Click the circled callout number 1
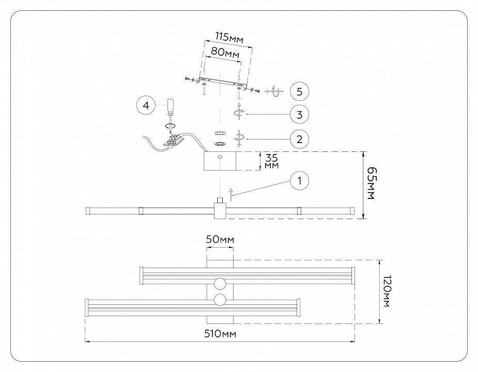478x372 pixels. [299, 181]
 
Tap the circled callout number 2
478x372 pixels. [299, 138]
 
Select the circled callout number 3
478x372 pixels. [299, 114]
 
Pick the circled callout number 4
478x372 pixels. [146, 105]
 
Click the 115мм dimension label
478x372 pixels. [228, 37]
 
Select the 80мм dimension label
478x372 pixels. [222, 53]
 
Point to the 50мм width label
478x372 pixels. [220, 240]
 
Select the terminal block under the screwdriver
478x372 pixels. [176, 140]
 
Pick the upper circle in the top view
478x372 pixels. [220, 283]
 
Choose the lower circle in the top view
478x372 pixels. [220, 300]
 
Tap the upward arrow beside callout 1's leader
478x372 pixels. [232, 194]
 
